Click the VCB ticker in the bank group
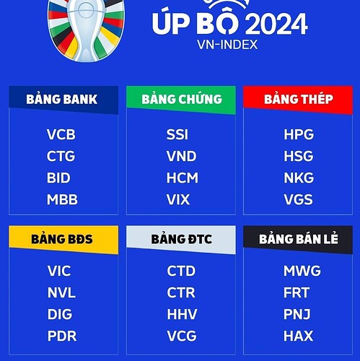pyautogui.click(x=61, y=134)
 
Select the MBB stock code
pyautogui.click(x=62, y=199)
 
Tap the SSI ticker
pyautogui.click(x=177, y=134)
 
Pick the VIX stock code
pyautogui.click(x=178, y=199)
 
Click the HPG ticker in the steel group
pyautogui.click(x=299, y=134)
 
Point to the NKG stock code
pyautogui.click(x=299, y=178)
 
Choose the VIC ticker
pyautogui.click(x=59, y=271)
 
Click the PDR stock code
pyautogui.click(x=62, y=336)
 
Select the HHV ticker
pyautogui.click(x=182, y=314)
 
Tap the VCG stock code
pyautogui.click(x=182, y=336)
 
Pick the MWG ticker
pyautogui.click(x=302, y=271)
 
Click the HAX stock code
pyautogui.click(x=298, y=336)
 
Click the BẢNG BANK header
pyautogui.click(x=62, y=100)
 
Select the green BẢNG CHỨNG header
pyautogui.click(x=182, y=100)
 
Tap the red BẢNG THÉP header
pyautogui.click(x=299, y=100)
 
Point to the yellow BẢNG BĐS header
pyautogui.click(x=62, y=240)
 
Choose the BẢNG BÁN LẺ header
pyautogui.click(x=299, y=240)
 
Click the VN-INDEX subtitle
pyautogui.click(x=227, y=45)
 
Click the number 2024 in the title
pyautogui.click(x=276, y=24)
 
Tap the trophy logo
pyautogui.click(x=86, y=30)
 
